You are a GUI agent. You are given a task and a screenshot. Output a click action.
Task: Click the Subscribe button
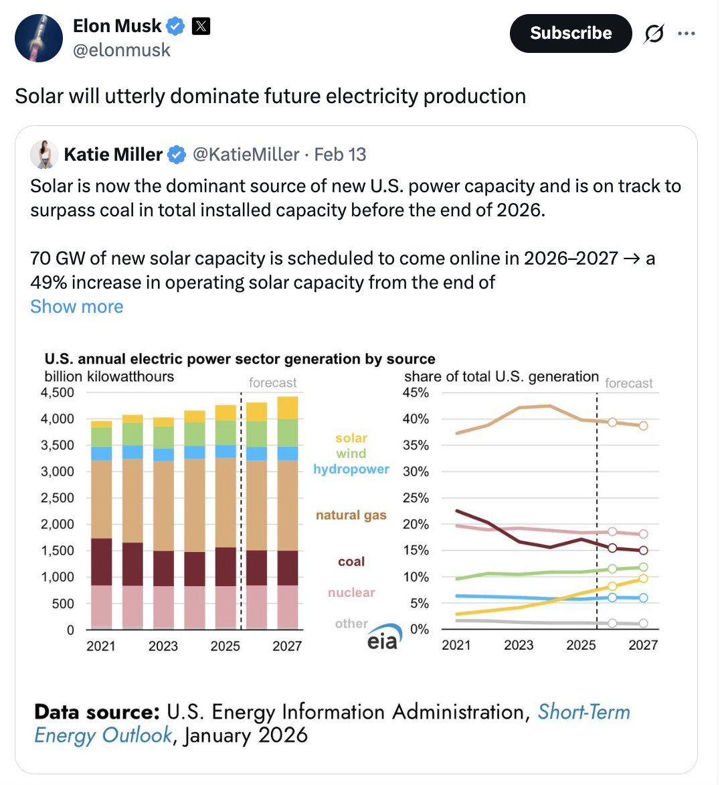pyautogui.click(x=570, y=33)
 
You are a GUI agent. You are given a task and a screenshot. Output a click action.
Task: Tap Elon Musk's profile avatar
pyautogui.click(x=39, y=38)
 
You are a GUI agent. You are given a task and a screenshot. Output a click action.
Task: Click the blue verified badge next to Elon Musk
pyautogui.click(x=175, y=27)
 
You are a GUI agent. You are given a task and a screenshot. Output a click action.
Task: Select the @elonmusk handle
pyautogui.click(x=121, y=50)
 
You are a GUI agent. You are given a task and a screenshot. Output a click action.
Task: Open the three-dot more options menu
pyautogui.click(x=687, y=33)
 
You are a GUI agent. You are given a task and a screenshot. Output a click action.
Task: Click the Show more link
pyautogui.click(x=77, y=307)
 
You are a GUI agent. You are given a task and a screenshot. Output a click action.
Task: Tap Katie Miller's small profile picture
pyautogui.click(x=44, y=155)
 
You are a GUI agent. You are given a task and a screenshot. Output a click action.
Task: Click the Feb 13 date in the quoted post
pyautogui.click(x=340, y=155)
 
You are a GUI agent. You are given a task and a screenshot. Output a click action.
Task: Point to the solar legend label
pyautogui.click(x=351, y=438)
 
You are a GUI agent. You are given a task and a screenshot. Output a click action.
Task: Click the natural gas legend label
pyautogui.click(x=351, y=515)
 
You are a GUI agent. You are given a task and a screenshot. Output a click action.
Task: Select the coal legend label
pyautogui.click(x=351, y=562)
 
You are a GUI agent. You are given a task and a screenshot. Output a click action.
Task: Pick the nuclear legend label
pyautogui.click(x=351, y=593)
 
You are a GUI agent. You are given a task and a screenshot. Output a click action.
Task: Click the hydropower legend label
pyautogui.click(x=351, y=469)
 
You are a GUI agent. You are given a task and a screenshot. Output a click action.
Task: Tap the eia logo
pyautogui.click(x=383, y=638)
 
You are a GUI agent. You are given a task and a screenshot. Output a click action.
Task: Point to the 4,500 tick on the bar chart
pyautogui.click(x=58, y=392)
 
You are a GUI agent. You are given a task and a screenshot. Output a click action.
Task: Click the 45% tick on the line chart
pyautogui.click(x=416, y=392)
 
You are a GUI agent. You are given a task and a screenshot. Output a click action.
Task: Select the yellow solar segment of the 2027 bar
pyautogui.click(x=287, y=408)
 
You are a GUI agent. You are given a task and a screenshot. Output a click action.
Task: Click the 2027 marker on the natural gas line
pyautogui.click(x=643, y=425)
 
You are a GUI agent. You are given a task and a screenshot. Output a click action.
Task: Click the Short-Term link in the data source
pyautogui.click(x=583, y=711)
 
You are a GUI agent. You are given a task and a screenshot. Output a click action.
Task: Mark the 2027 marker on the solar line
pyautogui.click(x=643, y=578)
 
